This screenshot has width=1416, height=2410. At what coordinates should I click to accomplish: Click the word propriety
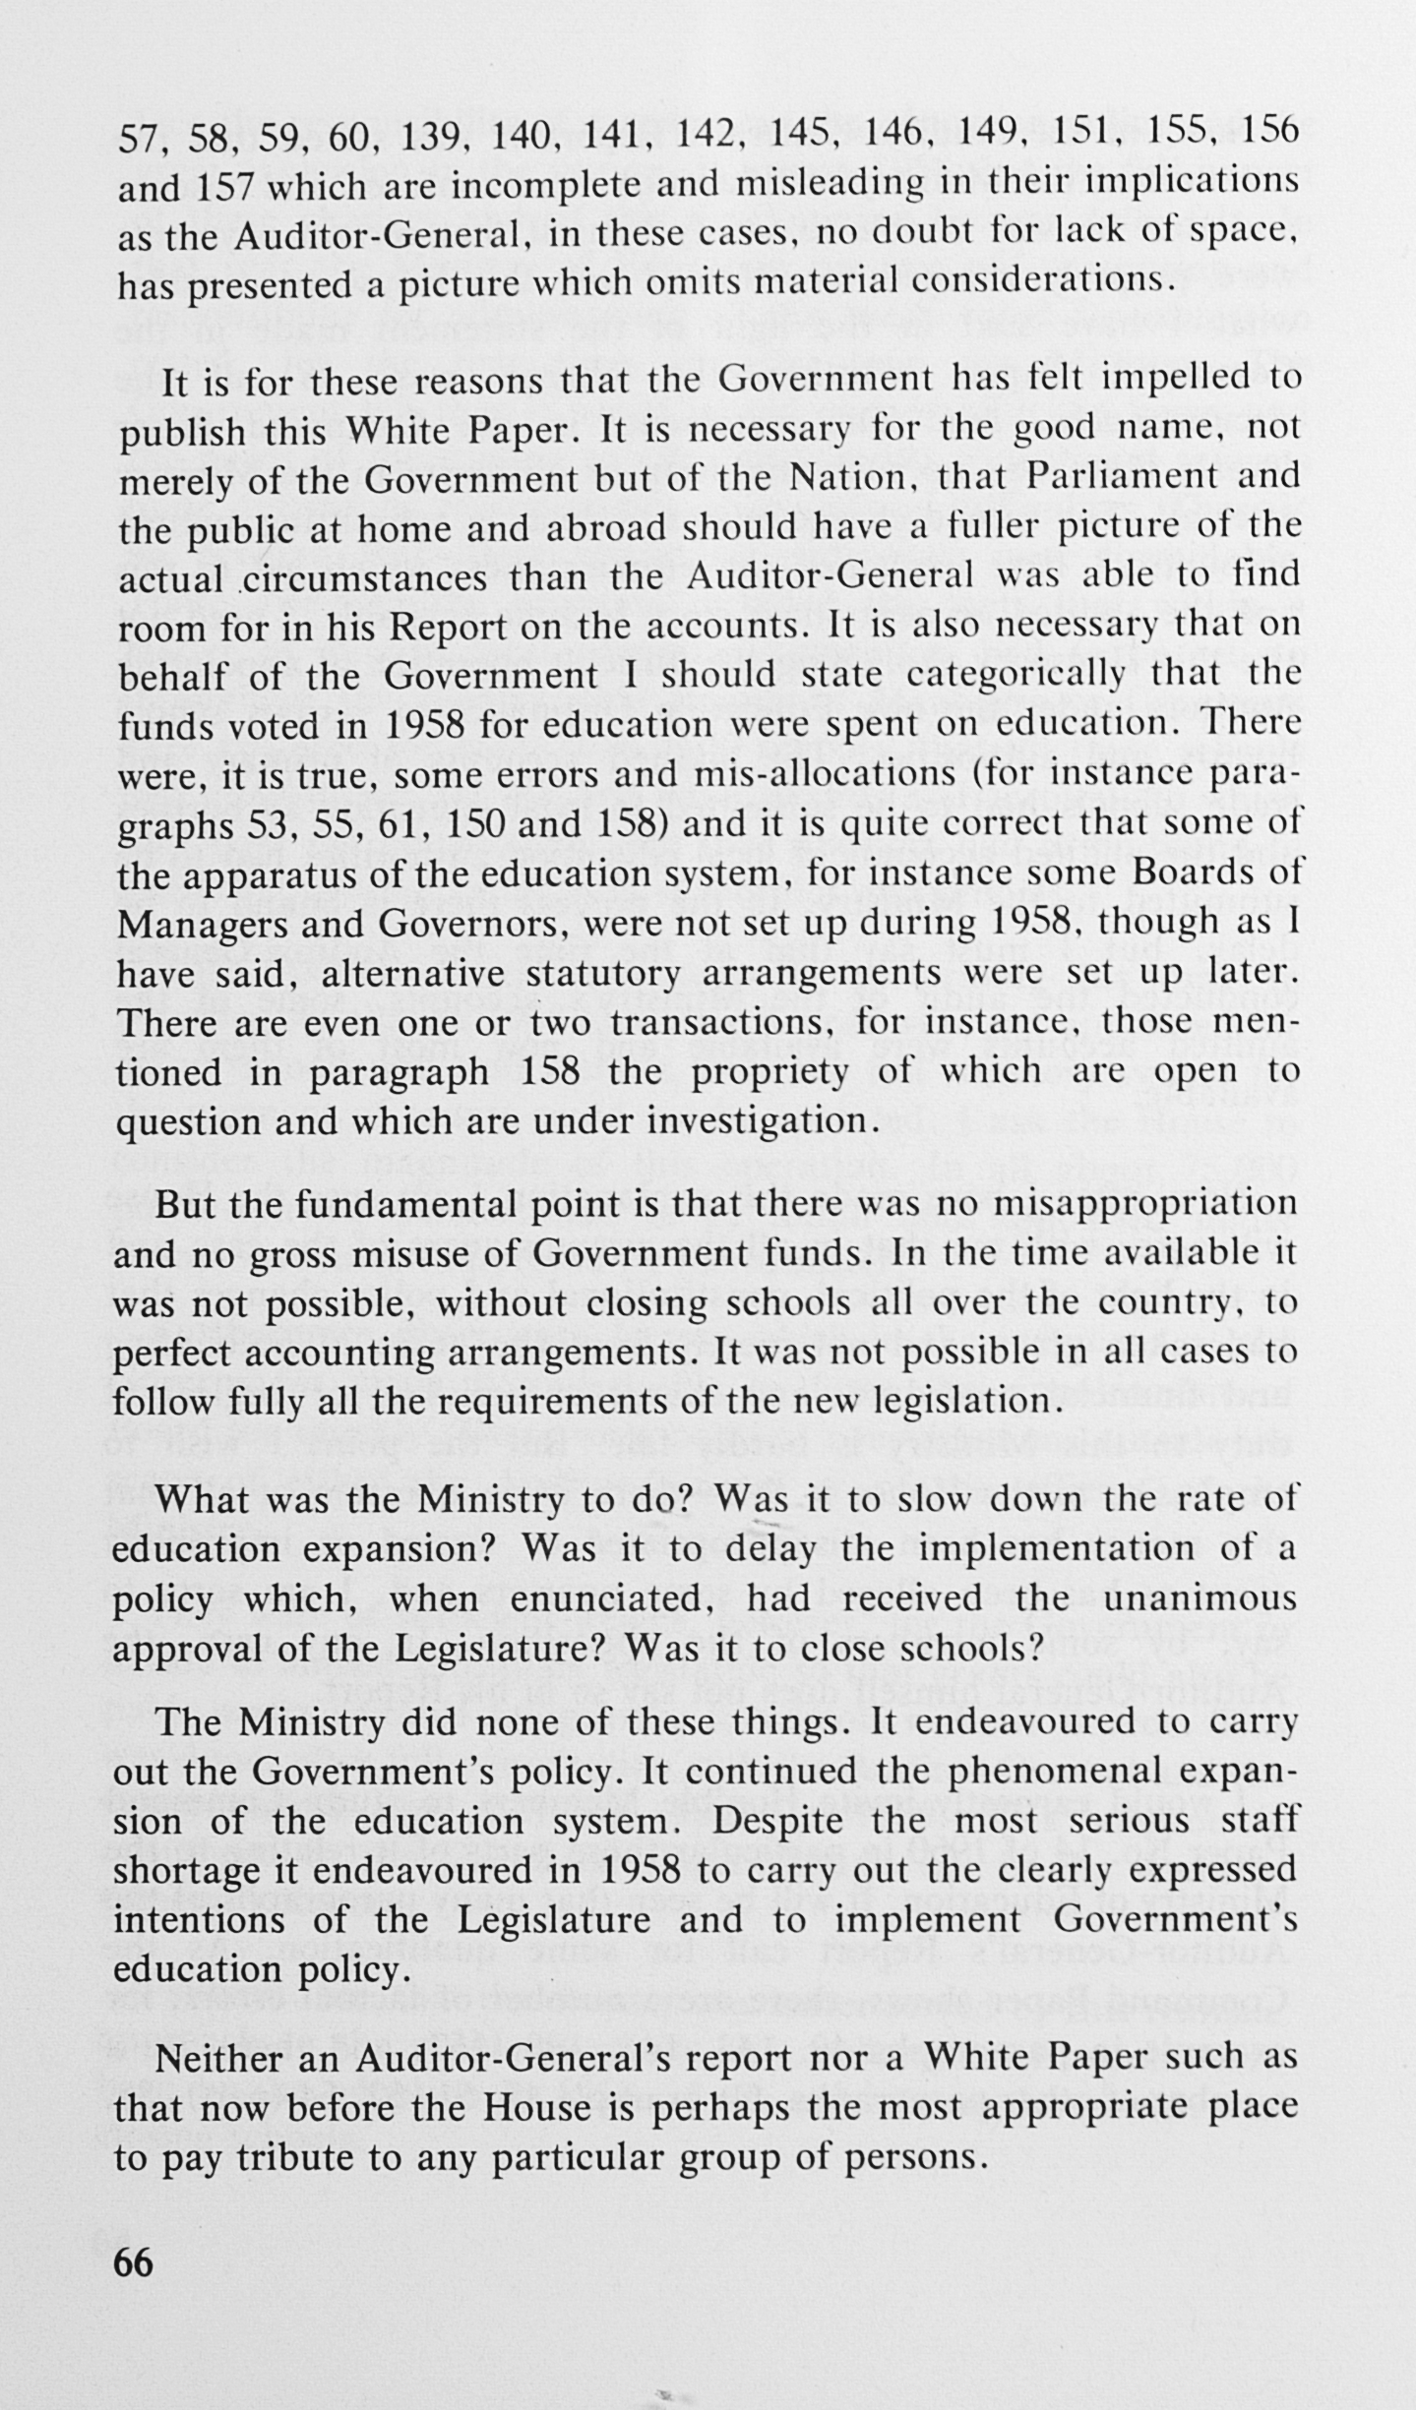[x=769, y=1071]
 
